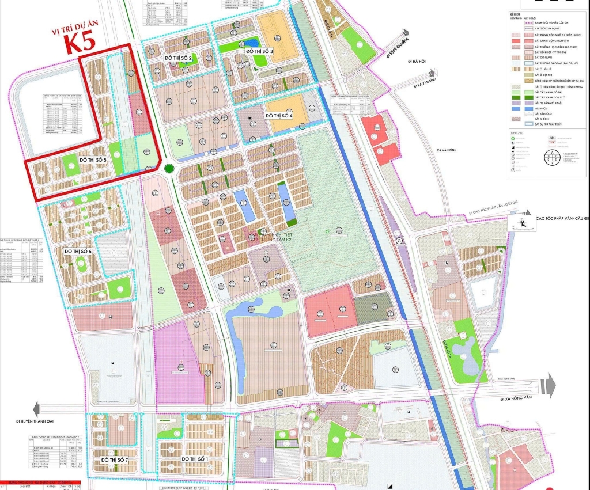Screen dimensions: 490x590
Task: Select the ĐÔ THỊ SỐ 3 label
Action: (x=259, y=51)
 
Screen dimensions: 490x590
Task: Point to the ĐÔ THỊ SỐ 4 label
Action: (x=279, y=116)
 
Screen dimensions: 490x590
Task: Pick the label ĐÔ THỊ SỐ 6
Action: (x=82, y=251)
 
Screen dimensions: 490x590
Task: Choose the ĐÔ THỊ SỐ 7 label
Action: (x=119, y=460)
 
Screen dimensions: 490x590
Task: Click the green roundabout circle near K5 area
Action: (x=168, y=169)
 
